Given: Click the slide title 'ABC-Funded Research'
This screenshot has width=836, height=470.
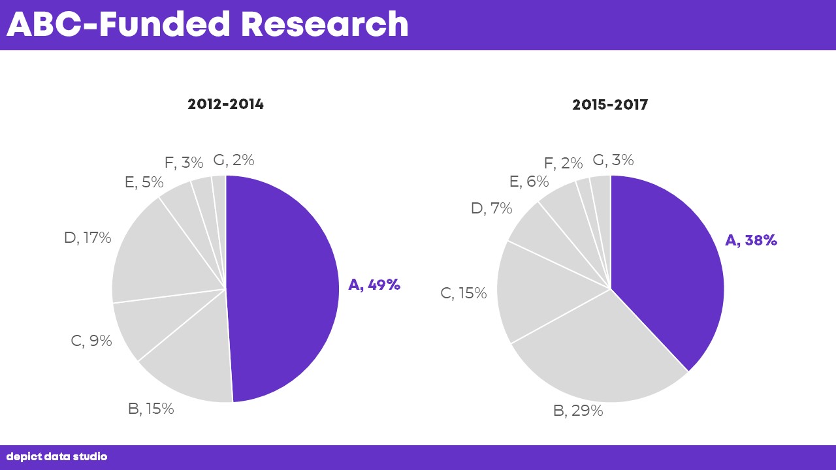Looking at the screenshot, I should [208, 24].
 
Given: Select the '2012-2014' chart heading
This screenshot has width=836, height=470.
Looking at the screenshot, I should [225, 104].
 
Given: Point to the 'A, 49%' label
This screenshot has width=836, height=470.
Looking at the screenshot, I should [374, 285].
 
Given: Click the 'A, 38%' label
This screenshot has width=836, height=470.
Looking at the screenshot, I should [751, 240].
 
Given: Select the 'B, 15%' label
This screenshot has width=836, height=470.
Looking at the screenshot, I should [151, 409].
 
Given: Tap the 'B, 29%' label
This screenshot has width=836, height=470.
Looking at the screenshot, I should [578, 411].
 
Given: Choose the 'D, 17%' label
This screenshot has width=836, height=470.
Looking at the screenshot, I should [88, 238].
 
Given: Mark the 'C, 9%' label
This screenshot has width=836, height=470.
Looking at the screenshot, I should [91, 341].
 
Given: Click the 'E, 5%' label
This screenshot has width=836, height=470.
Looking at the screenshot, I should [144, 183].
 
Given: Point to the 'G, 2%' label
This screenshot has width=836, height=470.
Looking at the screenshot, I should [234, 160].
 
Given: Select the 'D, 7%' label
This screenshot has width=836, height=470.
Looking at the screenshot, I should [491, 208].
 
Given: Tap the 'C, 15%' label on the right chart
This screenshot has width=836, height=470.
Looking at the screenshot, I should [464, 294].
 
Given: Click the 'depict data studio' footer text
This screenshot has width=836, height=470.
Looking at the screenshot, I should [57, 457].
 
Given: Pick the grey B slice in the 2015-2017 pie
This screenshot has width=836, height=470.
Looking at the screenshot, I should [601, 359].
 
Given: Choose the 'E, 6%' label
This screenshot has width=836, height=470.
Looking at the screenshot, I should [528, 182].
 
